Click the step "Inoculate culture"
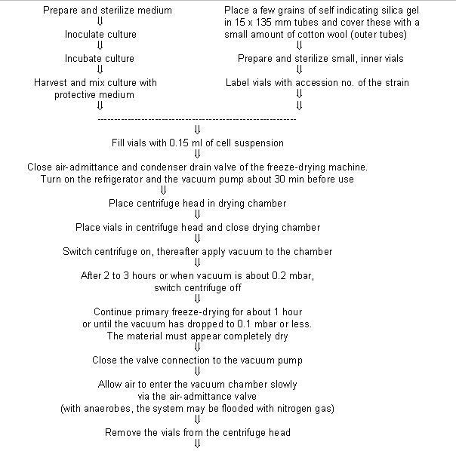pyautogui.click(x=99, y=35)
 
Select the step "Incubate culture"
pyautogui.click(x=99, y=58)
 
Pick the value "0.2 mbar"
pyautogui.click(x=296, y=275)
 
